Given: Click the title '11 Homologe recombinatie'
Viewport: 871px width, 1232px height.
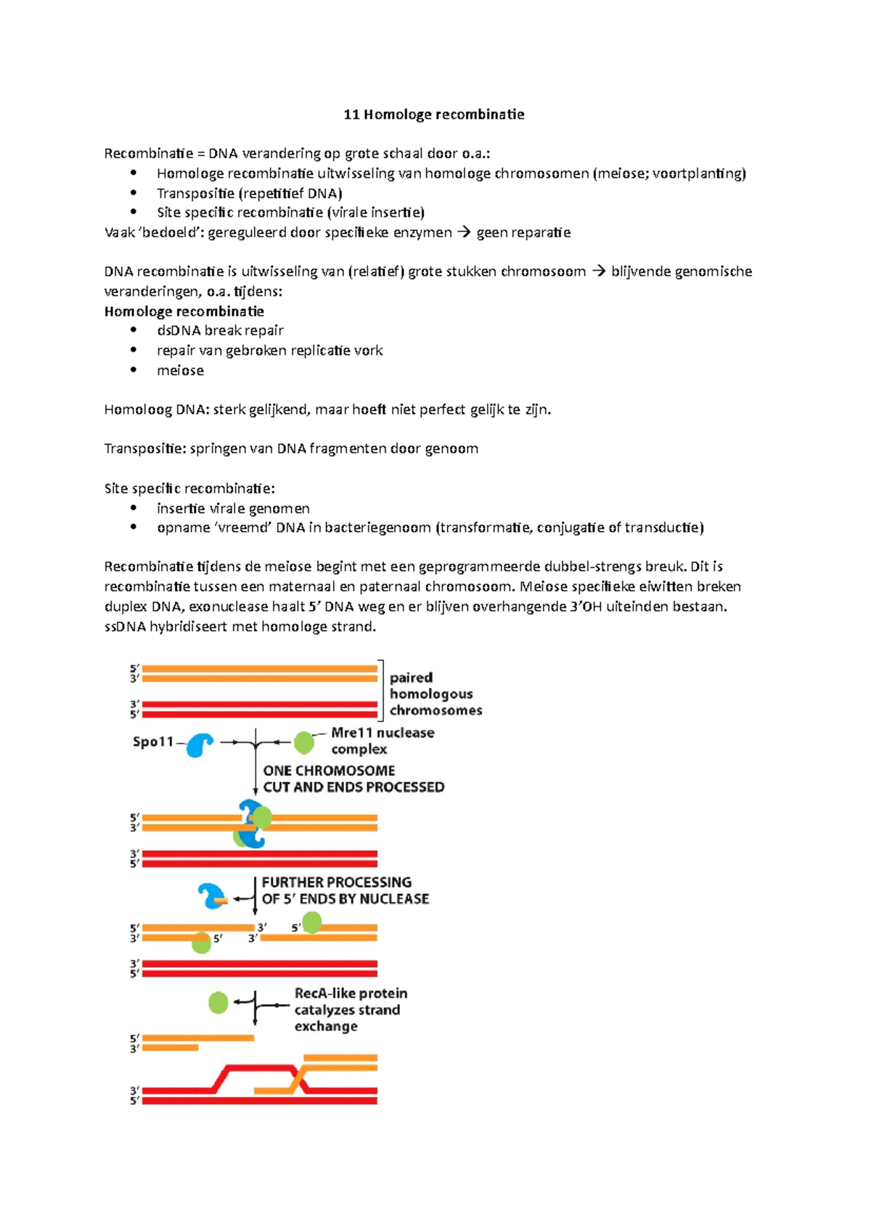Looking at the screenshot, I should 433,114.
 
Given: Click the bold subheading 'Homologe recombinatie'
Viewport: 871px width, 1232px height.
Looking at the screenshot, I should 184,311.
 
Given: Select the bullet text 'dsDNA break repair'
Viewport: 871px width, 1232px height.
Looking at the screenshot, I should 220,330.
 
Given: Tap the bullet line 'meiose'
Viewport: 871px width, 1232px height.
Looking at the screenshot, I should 180,370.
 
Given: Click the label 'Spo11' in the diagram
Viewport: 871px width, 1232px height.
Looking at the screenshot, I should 153,742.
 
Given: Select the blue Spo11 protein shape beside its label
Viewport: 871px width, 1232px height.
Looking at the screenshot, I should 200,744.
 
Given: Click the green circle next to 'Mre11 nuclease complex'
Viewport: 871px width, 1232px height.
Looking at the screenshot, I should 304,742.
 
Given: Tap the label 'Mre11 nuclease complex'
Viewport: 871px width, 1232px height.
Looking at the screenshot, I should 382,741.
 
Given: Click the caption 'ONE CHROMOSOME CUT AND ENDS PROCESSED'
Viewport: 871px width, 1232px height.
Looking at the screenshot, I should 353,779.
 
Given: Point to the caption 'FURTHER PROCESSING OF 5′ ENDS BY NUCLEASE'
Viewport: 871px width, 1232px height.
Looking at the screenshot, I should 345,890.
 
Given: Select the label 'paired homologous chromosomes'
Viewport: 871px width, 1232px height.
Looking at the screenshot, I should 435,694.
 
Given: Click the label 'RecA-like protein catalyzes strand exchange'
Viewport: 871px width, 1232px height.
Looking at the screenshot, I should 350,1009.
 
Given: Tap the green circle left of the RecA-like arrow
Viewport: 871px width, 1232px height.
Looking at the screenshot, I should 218,1003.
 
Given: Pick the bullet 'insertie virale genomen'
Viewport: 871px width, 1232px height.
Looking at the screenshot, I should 233,508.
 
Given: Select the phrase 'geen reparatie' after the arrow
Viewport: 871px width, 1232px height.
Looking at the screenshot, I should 523,232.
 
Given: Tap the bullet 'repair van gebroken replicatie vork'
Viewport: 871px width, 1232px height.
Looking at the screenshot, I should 269,350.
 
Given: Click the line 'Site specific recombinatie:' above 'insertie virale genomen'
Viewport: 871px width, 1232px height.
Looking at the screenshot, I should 189,488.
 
